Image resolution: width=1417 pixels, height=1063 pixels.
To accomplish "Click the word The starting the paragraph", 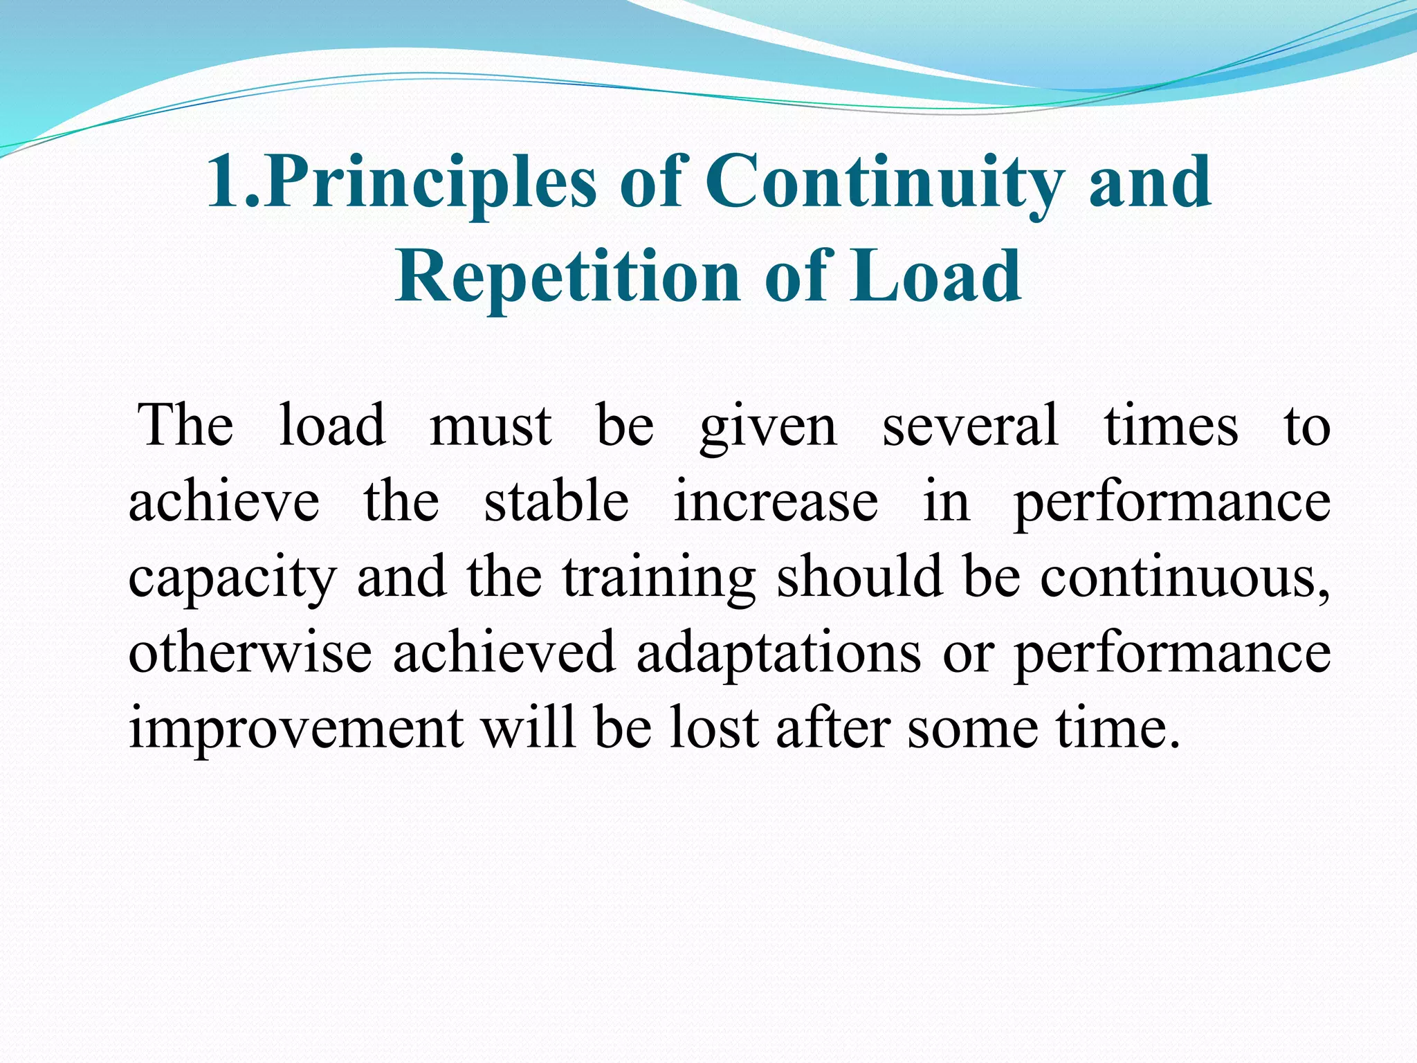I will pyautogui.click(x=185, y=425).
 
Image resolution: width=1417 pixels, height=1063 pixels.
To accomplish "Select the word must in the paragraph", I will pyautogui.click(x=491, y=425).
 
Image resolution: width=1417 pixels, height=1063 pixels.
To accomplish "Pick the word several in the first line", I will pyautogui.click(x=970, y=425).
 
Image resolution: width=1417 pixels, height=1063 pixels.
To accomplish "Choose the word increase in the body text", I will pyautogui.click(x=776, y=502).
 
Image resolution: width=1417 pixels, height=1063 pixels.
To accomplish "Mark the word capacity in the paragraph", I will pyautogui.click(x=232, y=579).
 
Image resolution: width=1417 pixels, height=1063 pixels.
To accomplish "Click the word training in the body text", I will pyautogui.click(x=658, y=579).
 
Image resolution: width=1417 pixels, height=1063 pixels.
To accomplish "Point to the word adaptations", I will pyautogui.click(x=778, y=653).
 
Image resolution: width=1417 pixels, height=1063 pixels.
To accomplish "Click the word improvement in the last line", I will pyautogui.click(x=296, y=729).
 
